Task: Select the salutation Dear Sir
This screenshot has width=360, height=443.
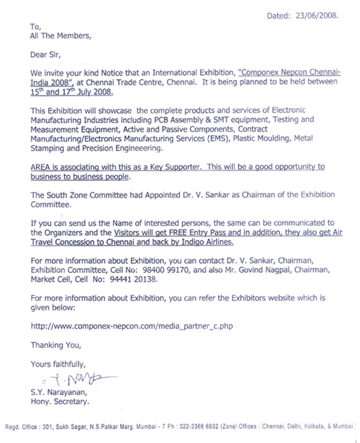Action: tap(44, 55)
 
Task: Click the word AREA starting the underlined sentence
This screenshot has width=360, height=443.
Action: tap(41, 167)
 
